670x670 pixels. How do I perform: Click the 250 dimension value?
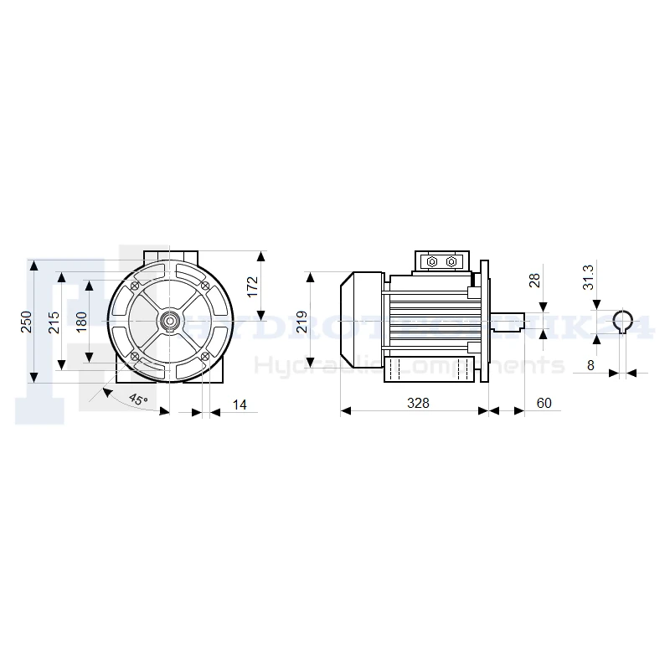(27, 322)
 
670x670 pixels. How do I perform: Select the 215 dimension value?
(54, 322)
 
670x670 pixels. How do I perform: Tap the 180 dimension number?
(81, 322)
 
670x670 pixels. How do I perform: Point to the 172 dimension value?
(253, 286)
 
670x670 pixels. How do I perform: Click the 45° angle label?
(138, 399)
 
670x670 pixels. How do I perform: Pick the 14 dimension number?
(240, 405)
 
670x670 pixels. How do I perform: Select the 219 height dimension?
(301, 322)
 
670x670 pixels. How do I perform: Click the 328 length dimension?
(418, 403)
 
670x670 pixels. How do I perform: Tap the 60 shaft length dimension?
(544, 403)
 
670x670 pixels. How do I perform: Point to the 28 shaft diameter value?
(534, 281)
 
